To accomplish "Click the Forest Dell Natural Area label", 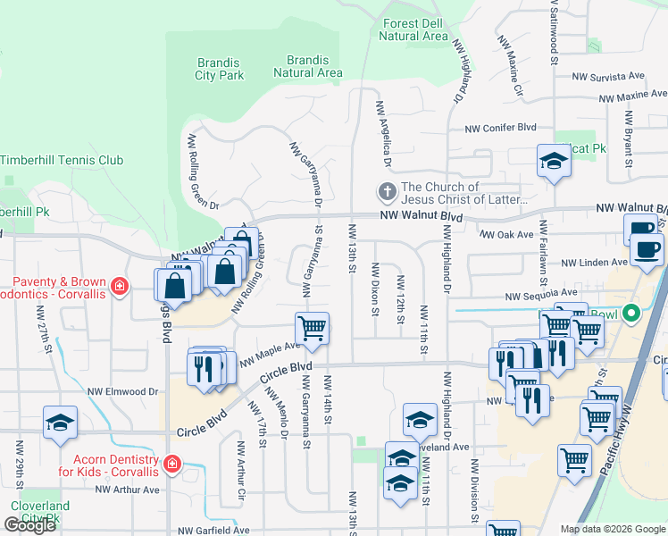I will (413, 29).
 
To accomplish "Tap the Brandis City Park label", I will (220, 69).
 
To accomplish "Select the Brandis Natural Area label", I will (308, 66).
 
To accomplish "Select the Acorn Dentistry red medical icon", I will (172, 465).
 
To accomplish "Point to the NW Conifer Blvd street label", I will (503, 128).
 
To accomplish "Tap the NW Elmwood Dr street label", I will (122, 391).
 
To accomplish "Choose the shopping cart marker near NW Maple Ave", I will (312, 328).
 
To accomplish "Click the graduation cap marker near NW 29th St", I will (60, 422).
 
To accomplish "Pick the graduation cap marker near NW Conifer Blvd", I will (554, 162).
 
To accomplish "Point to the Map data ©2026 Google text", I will (613, 528).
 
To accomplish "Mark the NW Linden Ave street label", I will (594, 263).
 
